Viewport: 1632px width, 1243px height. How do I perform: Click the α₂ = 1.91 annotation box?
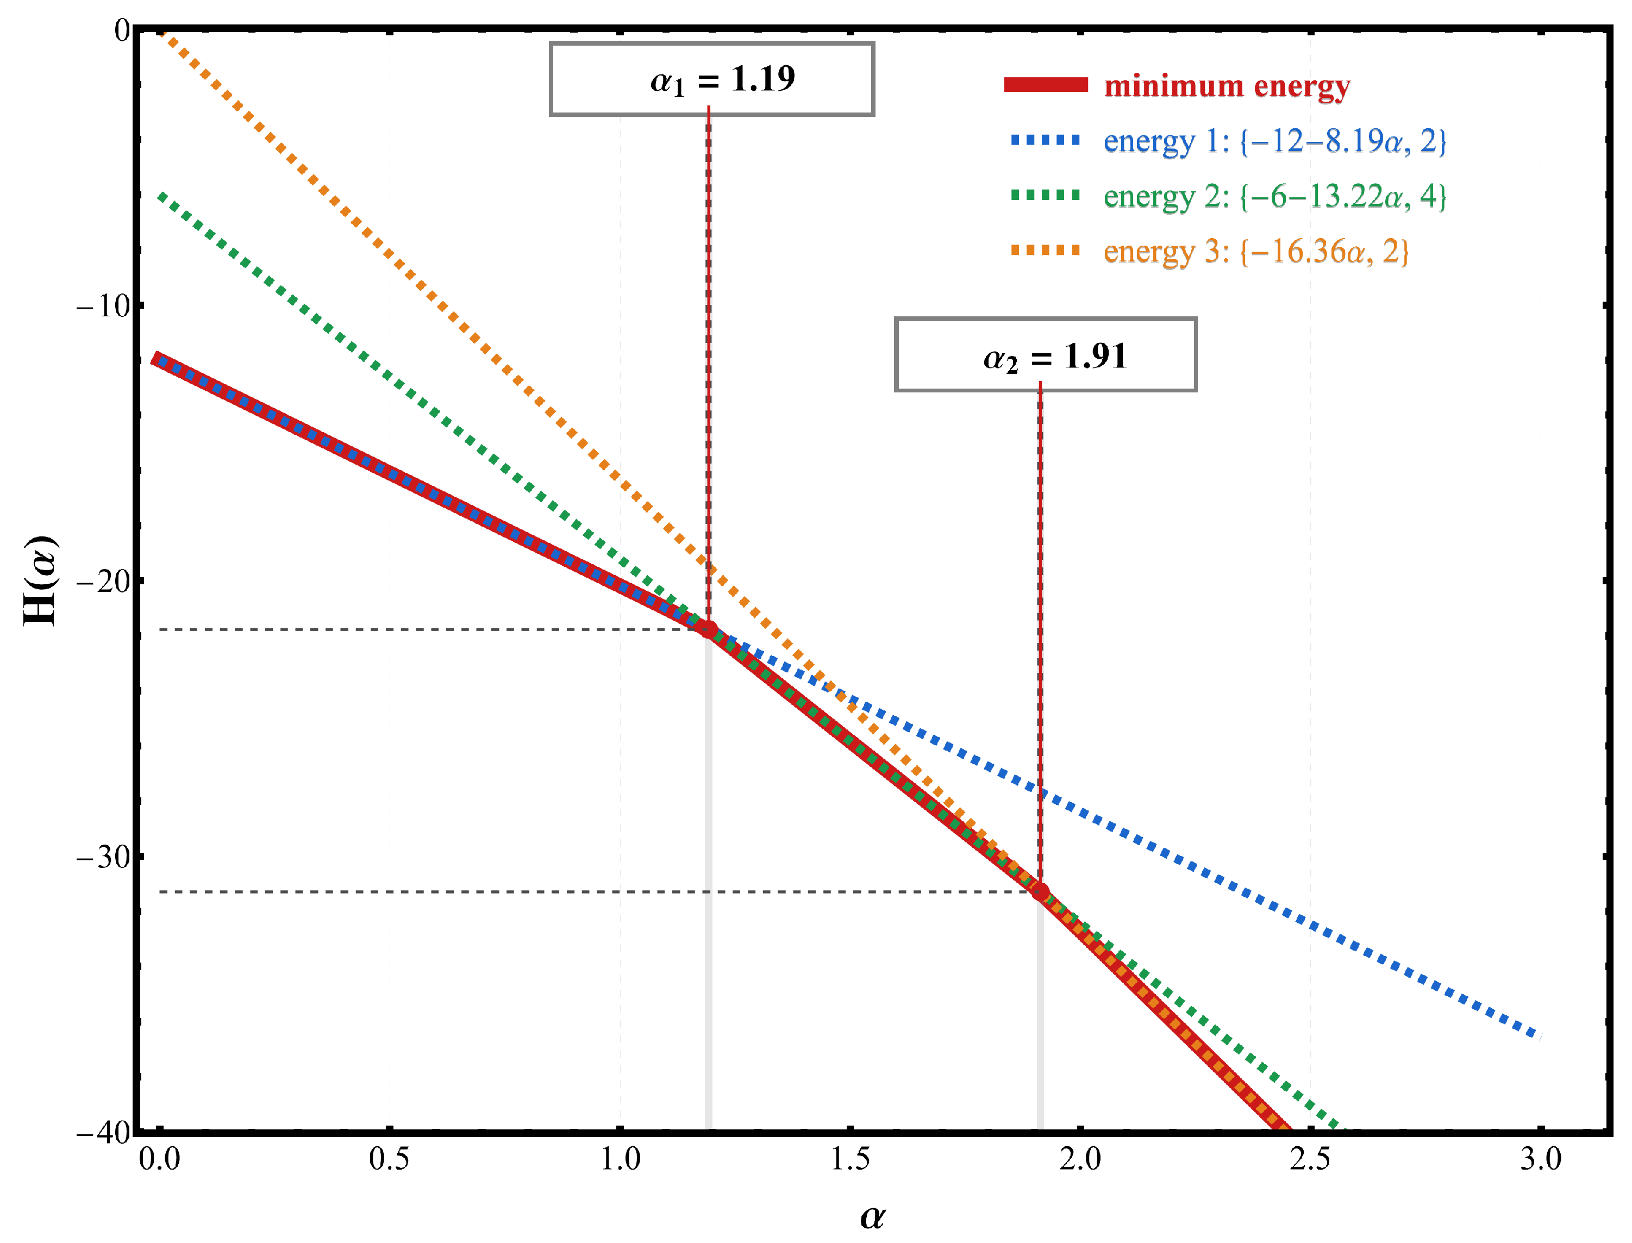click(1045, 355)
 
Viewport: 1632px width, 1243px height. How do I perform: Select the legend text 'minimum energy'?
click(1227, 86)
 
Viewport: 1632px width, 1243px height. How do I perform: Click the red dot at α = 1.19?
click(709, 629)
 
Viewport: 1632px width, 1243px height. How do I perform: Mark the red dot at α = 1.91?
click(1040, 891)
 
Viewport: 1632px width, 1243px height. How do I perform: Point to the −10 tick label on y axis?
click(104, 305)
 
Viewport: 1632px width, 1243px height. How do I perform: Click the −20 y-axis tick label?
click(104, 582)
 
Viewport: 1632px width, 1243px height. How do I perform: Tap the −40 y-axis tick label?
click(104, 1133)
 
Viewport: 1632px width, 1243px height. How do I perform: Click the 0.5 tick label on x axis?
click(389, 1159)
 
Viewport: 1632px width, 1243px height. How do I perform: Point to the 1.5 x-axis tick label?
click(850, 1159)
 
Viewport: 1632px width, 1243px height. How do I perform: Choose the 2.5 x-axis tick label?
click(1310, 1159)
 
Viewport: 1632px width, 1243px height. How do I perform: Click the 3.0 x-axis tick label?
click(1541, 1159)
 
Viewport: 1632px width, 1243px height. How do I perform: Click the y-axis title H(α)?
click(40, 581)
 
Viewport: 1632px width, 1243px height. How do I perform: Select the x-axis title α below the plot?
click(872, 1216)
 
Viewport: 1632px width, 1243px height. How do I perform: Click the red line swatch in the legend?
click(1045, 85)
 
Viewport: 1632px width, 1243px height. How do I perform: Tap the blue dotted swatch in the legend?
click(1045, 140)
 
